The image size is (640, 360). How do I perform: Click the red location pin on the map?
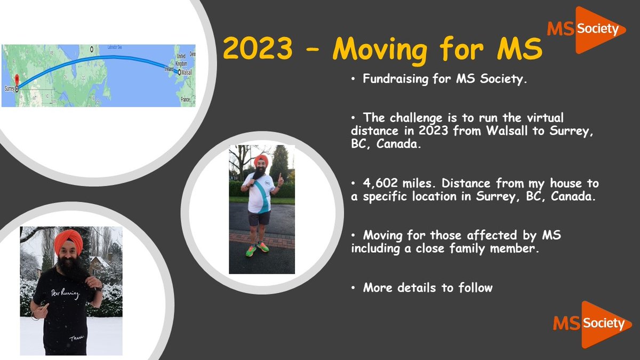(x=16, y=82)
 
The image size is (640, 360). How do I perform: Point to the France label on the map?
(x=186, y=99)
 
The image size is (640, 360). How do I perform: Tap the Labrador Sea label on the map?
(x=118, y=48)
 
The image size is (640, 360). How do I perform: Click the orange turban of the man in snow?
(x=68, y=241)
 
